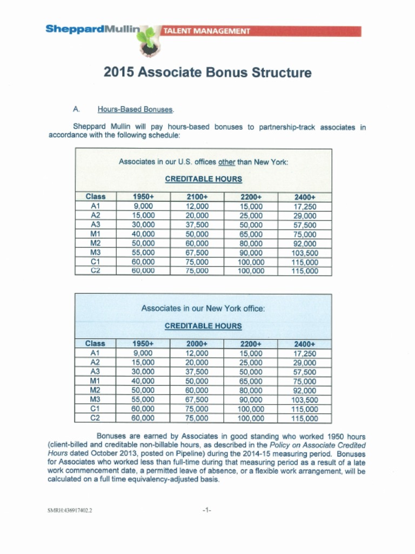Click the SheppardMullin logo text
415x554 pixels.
coord(92,29)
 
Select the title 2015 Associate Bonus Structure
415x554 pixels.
coord(207,72)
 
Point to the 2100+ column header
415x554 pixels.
coord(197,197)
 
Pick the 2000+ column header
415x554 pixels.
coord(197,344)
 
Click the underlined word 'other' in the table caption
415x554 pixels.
coord(227,162)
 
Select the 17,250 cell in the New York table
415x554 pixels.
coord(304,353)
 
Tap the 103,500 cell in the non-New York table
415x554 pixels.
coord(304,253)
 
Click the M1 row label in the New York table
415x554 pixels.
coord(95,381)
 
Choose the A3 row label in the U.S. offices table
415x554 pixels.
coord(95,225)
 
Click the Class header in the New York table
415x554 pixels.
coord(95,344)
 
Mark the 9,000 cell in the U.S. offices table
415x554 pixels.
coord(143,206)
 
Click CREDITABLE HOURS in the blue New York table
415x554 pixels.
coord(203,326)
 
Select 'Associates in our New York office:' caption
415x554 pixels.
coord(203,308)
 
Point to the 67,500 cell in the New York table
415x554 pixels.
coord(197,400)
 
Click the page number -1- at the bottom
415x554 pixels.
coord(206,510)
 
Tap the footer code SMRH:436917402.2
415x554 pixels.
coord(70,510)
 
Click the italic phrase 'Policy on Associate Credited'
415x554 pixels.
coord(317,445)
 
